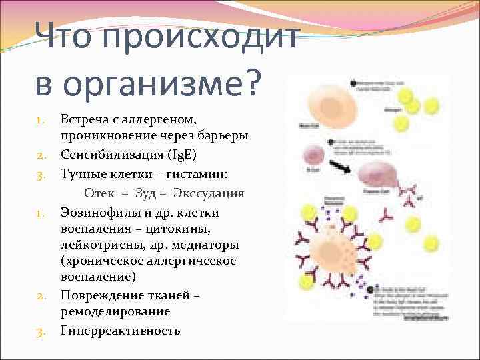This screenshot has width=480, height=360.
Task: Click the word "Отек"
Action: pyautogui.click(x=100, y=193)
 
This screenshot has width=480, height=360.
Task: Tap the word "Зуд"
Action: pyautogui.click(x=146, y=193)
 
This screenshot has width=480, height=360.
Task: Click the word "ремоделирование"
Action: pyautogui.click(x=115, y=311)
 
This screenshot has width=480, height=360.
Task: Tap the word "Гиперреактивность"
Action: pyautogui.click(x=121, y=330)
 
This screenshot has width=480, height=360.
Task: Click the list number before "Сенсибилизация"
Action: pyautogui.click(x=41, y=155)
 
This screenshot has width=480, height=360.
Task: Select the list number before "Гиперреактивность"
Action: pyautogui.click(x=41, y=331)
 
